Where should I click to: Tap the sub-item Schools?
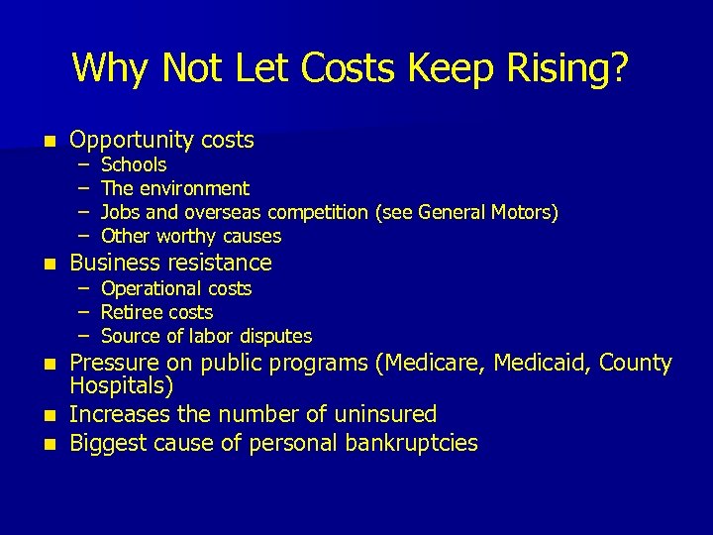[x=134, y=164]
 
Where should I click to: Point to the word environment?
[x=195, y=188]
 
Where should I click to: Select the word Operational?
[x=151, y=288]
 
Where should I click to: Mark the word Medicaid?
[x=534, y=363]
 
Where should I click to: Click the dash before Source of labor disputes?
[x=85, y=336]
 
